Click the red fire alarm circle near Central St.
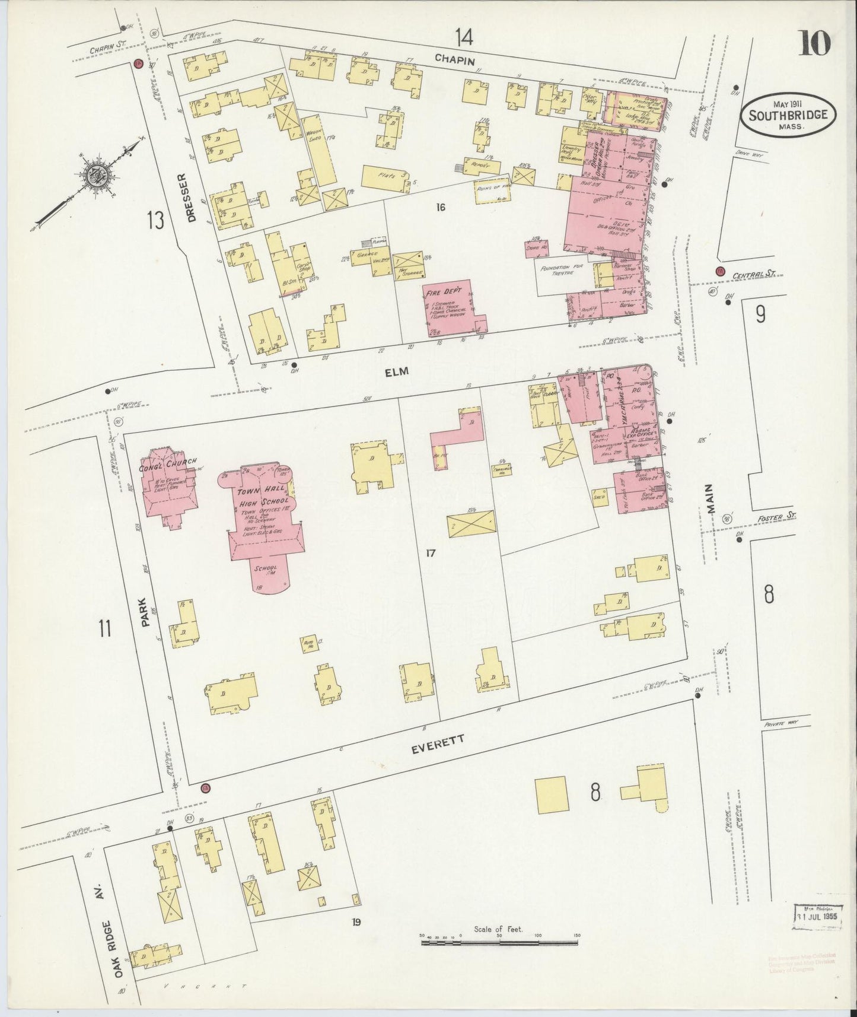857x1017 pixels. tap(720, 271)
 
